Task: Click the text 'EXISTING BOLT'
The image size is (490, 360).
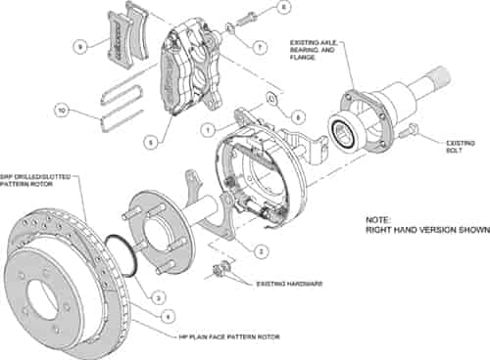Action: [454, 146]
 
